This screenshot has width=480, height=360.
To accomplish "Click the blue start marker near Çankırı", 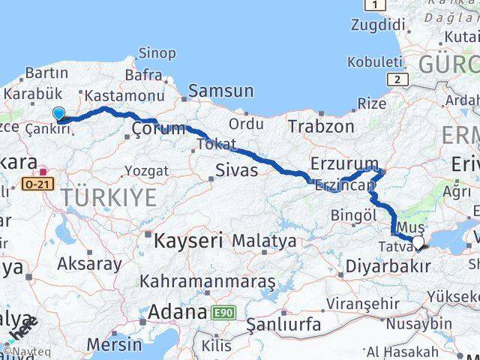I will (59, 114).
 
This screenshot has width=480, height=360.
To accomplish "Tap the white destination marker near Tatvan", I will (418, 242).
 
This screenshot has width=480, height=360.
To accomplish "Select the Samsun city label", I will (220, 91).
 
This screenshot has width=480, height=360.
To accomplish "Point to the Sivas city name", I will (236, 170).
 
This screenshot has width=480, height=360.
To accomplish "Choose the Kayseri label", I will (189, 241).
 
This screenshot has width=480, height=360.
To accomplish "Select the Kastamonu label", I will (124, 96).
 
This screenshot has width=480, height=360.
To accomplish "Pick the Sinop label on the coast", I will (157, 54).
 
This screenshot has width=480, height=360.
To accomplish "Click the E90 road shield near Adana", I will (222, 311).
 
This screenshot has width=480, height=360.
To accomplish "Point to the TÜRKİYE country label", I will (109, 198).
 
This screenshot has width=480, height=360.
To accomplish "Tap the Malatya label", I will (263, 241).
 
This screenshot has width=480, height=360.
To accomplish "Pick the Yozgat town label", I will (146, 170).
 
